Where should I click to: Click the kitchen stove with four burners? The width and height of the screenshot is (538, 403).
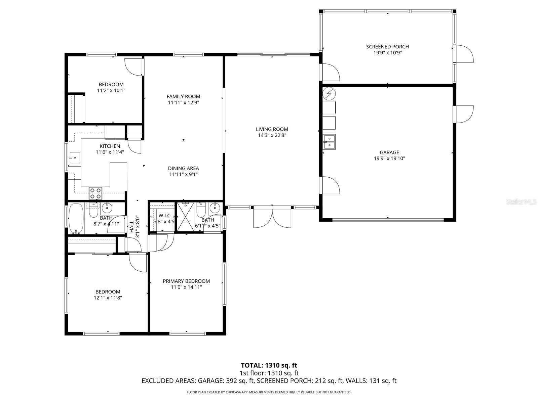(x=95, y=193)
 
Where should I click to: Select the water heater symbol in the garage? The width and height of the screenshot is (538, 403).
(x=329, y=94)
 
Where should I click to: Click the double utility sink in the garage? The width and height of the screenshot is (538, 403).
(x=329, y=141)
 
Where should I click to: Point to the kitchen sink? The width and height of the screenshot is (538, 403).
(x=74, y=157)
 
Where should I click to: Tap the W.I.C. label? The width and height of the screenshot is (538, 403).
(x=165, y=215)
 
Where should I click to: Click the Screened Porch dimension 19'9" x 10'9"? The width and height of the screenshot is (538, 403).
(x=387, y=53)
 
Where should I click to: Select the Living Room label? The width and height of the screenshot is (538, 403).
(x=272, y=129)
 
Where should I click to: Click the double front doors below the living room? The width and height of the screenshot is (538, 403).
(x=272, y=218)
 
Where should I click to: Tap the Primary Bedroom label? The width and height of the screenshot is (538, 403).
(x=186, y=281)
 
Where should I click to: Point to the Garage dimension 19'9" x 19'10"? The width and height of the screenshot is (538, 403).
(x=389, y=159)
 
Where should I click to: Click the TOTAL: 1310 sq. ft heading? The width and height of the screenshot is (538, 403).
(x=269, y=365)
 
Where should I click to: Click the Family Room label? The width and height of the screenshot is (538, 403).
(x=183, y=96)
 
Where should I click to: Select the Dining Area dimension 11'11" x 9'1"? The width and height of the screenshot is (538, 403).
(x=183, y=174)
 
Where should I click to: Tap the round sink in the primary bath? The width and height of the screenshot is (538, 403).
(x=214, y=209)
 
